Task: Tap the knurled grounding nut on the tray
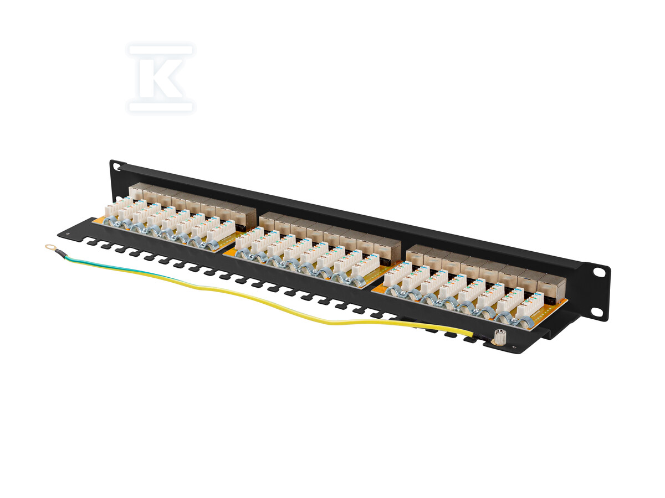(x=501, y=336)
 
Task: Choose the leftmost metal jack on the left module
(x=136, y=193)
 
